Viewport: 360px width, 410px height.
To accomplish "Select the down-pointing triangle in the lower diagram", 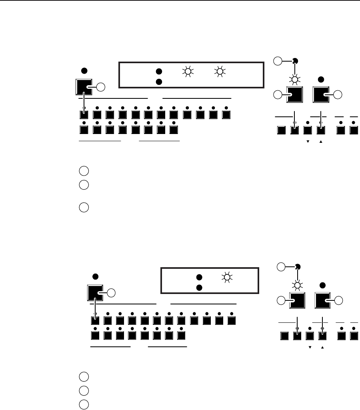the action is (310, 347).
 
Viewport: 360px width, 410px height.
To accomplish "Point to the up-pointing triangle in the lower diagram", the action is (322, 347).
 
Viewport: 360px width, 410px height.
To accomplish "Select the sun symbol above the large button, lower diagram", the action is (297, 284).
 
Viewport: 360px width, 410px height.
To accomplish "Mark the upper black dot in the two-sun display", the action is (158, 72).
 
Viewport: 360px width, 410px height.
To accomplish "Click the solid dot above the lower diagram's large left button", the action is (95, 276).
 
